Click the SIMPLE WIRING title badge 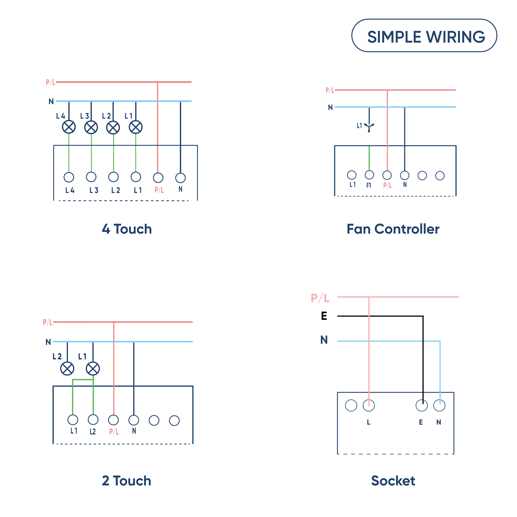424,36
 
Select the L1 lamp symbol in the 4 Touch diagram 136,127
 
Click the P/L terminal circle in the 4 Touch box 158,178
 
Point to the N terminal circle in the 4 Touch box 180,178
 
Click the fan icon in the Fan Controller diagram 369,127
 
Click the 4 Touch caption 127,229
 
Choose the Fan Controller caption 393,229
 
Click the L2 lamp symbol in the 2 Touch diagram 67,369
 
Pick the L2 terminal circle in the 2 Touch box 93,420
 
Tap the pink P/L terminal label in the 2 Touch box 114,431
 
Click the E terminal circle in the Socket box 422,405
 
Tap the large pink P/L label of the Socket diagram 320,298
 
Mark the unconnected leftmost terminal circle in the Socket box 351,405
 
